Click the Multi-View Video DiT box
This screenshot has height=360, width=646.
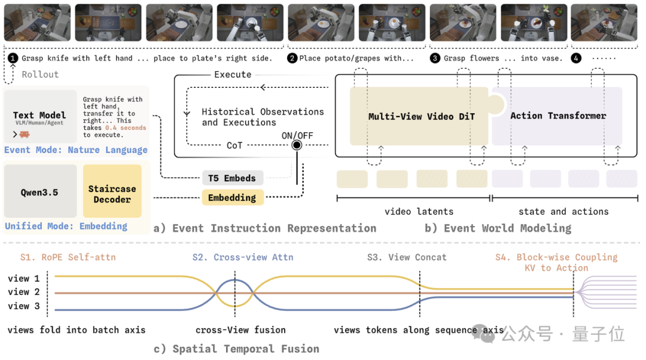(419, 116)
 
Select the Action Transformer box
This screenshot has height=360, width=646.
(557, 116)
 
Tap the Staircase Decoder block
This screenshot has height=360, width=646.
(112, 191)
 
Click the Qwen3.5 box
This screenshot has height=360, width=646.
(40, 191)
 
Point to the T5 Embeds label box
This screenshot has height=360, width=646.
(232, 178)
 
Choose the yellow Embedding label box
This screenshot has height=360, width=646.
(232, 198)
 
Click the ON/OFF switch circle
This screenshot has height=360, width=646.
(297, 145)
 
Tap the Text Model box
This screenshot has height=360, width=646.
(40, 117)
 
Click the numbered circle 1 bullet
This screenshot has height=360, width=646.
(13, 58)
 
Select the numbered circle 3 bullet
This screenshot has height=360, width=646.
(435, 58)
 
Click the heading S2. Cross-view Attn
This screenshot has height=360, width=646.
(243, 257)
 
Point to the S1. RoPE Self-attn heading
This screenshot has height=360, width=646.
(68, 257)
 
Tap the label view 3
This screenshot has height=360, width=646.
(24, 306)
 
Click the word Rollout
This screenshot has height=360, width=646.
(41, 75)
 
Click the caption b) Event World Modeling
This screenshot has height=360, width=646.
(498, 228)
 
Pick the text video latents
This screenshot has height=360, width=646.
(419, 211)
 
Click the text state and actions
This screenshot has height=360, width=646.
(563, 211)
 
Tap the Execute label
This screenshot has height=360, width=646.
(233, 75)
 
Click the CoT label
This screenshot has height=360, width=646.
(234, 145)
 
